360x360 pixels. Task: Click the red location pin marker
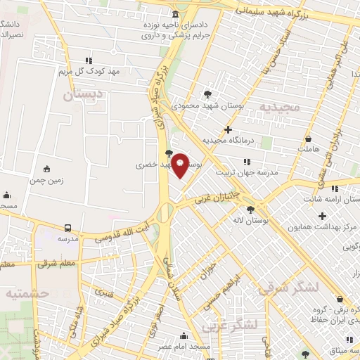click(x=181, y=166)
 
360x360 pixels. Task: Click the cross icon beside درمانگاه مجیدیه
click(x=227, y=129)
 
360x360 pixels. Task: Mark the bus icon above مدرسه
click(x=67, y=229)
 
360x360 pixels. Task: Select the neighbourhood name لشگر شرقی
click(x=288, y=288)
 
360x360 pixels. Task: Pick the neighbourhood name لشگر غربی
click(x=229, y=326)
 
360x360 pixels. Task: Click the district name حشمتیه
click(x=26, y=293)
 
